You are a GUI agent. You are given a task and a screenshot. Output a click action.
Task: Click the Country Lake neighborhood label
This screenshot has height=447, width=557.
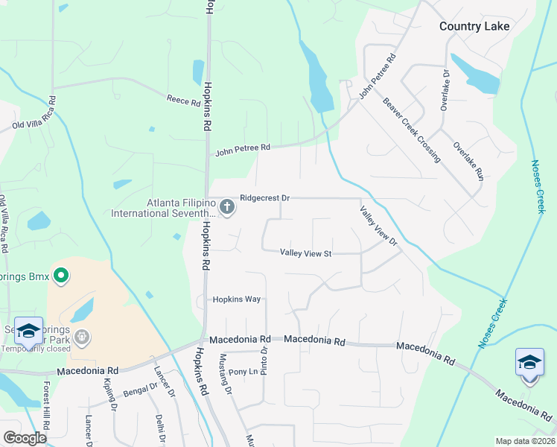(x=474, y=26)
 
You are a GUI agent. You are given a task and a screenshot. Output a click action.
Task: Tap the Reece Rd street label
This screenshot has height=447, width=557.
(x=184, y=100)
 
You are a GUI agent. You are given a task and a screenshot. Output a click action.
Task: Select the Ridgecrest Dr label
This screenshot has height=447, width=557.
(x=264, y=199)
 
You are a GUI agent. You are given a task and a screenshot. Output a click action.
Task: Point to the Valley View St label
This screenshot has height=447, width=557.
(x=305, y=253)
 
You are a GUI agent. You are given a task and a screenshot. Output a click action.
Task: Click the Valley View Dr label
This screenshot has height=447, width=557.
(x=379, y=226)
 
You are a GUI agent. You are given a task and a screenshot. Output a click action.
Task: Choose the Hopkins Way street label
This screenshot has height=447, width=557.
(x=236, y=299)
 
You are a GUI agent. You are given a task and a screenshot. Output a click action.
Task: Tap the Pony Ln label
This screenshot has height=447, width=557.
(x=242, y=372)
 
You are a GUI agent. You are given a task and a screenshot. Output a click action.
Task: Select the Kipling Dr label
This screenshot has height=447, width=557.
(x=109, y=394)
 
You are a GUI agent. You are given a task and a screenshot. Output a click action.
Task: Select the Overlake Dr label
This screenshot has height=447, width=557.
(x=445, y=90)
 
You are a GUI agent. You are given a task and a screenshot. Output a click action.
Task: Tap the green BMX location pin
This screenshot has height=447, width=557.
(x=60, y=276)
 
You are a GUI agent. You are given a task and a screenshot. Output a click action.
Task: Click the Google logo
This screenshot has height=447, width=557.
(x=25, y=438)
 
